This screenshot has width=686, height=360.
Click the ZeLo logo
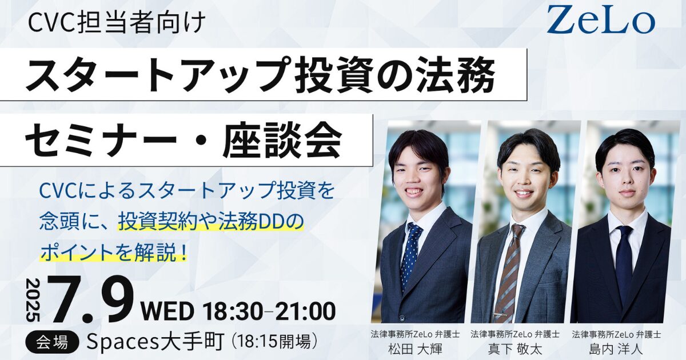(601, 19)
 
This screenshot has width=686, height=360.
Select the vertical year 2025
(33, 299)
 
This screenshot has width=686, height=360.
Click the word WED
(167, 311)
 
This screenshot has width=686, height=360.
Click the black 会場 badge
(52, 342)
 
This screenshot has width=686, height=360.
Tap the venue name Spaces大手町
(155, 342)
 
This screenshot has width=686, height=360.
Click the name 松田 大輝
(415, 349)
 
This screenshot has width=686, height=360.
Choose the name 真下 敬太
(515, 349)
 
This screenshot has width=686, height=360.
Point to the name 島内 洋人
(616, 349)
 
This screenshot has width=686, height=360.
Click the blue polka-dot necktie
(410, 255)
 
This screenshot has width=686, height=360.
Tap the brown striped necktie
(508, 269)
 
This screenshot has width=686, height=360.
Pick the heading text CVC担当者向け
(117, 23)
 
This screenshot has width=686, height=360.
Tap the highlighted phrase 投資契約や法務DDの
(211, 222)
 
